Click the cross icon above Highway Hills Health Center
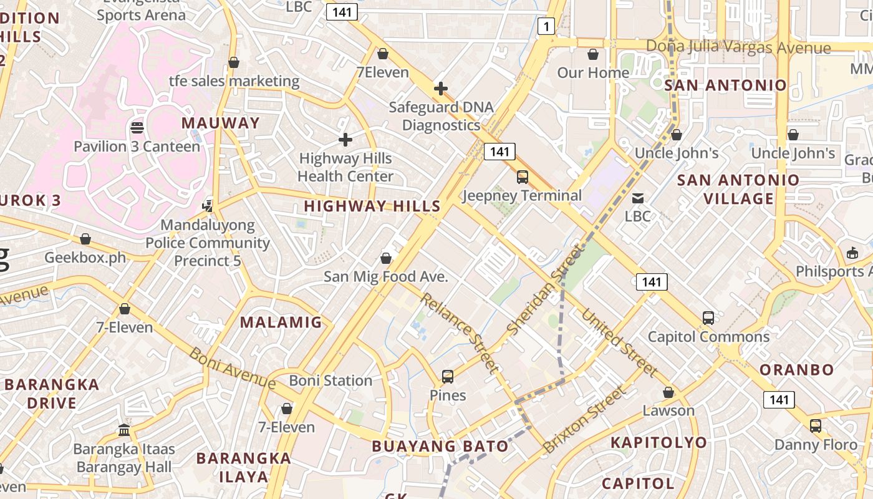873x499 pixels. click(x=345, y=140)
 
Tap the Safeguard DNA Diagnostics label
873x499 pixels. click(x=441, y=116)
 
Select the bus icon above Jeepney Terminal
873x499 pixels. click(x=523, y=177)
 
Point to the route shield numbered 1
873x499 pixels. click(x=546, y=26)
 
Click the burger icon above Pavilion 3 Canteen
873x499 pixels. click(x=137, y=128)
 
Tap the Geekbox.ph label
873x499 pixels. click(x=85, y=258)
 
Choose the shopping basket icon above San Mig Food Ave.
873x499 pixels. click(x=386, y=258)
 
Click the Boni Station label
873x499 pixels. click(x=330, y=380)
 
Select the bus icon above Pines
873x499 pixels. click(x=448, y=376)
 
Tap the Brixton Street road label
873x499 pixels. click(x=583, y=420)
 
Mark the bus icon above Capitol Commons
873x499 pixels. click(x=708, y=318)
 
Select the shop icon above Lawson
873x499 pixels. click(x=668, y=392)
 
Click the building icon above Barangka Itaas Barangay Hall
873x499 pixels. click(x=124, y=430)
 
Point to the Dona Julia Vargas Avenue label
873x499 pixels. click(x=738, y=47)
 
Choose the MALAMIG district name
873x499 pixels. click(x=281, y=322)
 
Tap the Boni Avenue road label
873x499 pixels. click(x=232, y=367)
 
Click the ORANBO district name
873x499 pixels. click(x=796, y=369)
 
